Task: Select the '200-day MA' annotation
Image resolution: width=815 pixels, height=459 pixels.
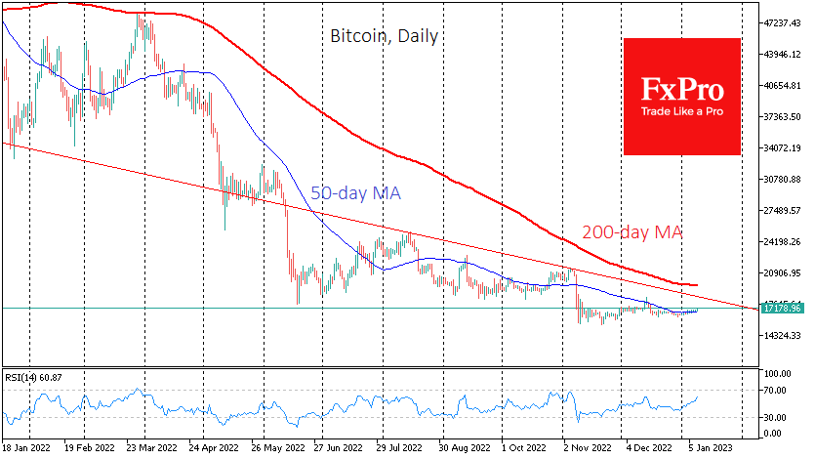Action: (x=632, y=233)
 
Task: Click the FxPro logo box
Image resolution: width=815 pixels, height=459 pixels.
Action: (x=682, y=96)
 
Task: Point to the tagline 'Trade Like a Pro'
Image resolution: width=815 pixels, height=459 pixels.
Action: (x=682, y=112)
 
